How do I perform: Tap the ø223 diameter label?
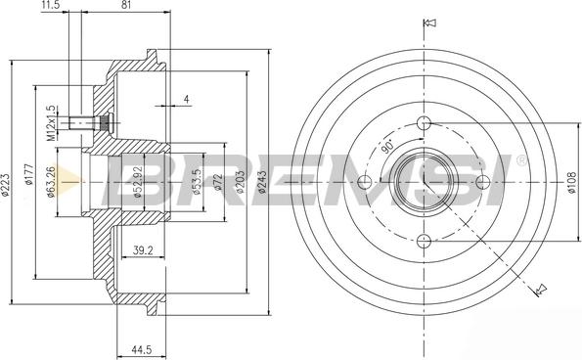click(6, 180)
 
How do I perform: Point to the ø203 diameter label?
click(240, 181)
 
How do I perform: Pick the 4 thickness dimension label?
click(187, 99)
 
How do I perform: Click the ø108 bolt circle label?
click(572, 181)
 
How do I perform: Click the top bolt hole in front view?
click(424, 123)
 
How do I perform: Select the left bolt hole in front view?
click(365, 182)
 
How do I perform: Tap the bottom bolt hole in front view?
click(424, 240)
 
